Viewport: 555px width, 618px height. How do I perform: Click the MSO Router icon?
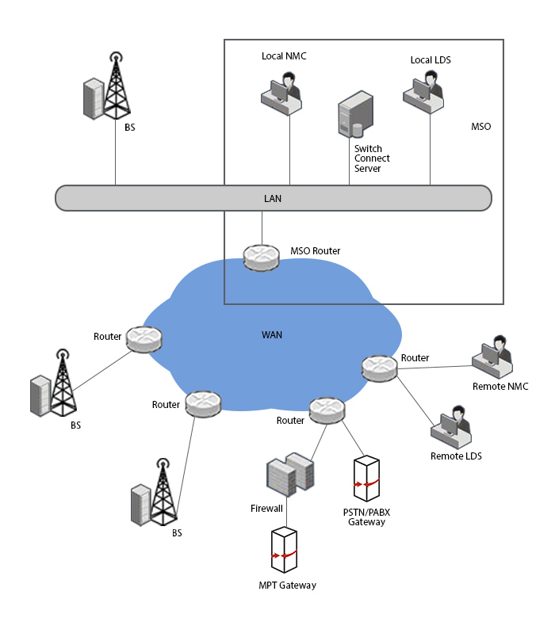pos(261,257)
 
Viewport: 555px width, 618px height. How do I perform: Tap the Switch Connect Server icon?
pos(356,114)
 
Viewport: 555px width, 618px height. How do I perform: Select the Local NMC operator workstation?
pos(281,93)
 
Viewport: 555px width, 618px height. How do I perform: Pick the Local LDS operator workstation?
pos(423,92)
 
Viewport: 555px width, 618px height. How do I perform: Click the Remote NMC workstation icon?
pos(492,357)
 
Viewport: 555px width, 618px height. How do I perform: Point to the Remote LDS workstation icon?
pos(451,427)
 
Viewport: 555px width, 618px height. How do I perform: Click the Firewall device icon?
pos(290,474)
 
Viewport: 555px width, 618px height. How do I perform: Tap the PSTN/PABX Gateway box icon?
pos(366,479)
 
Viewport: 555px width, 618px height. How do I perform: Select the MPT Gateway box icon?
pos(284,550)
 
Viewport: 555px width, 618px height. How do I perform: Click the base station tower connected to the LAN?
pos(107,86)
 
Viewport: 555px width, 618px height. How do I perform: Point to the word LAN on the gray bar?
pos(273,199)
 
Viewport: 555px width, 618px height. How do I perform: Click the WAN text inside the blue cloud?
pos(272,335)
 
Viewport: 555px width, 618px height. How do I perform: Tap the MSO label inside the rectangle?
pos(480,127)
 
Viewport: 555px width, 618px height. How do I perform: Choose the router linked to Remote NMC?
pos(380,368)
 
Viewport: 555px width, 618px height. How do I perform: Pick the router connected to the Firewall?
pos(327,410)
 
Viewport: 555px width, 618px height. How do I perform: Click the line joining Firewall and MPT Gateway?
pos(287,511)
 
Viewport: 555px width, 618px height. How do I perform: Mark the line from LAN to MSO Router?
pos(262,228)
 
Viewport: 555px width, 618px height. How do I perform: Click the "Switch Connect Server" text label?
pos(372,158)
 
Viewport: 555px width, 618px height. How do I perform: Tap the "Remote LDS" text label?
pos(456,456)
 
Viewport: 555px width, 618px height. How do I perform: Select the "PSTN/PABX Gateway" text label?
pos(366,517)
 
